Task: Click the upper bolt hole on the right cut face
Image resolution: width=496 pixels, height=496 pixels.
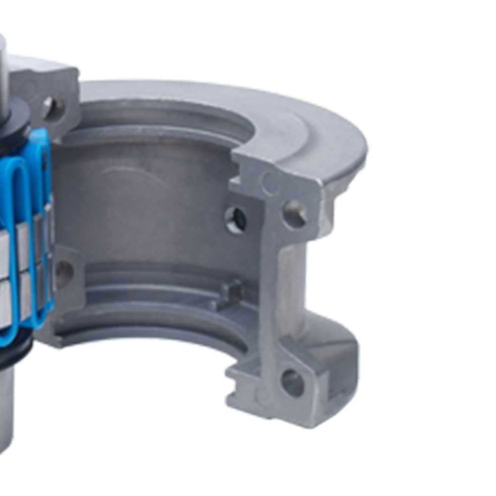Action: tap(295, 214)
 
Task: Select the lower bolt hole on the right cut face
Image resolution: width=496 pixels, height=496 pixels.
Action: tap(293, 383)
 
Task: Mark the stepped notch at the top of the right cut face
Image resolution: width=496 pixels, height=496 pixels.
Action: tap(243, 159)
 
